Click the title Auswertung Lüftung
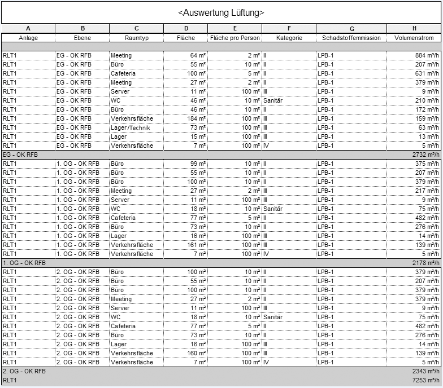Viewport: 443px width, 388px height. point(221,12)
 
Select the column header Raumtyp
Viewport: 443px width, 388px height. point(136,38)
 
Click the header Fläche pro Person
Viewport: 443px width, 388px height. point(234,38)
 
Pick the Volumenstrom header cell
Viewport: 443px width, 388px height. point(414,38)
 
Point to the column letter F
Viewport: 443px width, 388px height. point(289,28)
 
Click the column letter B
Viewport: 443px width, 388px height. point(82,28)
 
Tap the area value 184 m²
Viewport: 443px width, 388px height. point(195,118)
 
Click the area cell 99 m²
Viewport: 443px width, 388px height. point(197,164)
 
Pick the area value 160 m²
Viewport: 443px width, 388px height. point(195,353)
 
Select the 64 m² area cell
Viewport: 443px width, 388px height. point(197,55)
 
